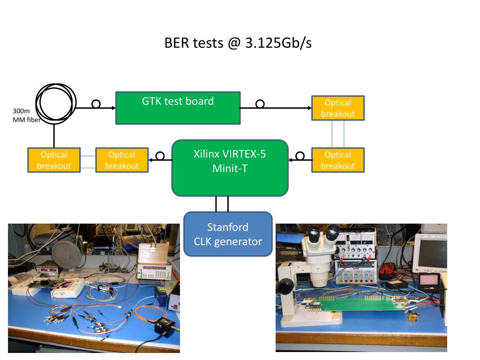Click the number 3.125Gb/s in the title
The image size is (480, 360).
278,43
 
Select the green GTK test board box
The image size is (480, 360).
178,108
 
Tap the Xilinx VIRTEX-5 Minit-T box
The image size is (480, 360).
230,168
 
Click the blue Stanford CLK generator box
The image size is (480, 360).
228,234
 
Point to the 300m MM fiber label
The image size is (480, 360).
26,115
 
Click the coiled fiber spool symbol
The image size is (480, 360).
56,104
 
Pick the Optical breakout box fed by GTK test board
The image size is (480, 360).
338,108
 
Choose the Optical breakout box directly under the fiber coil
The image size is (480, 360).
54,160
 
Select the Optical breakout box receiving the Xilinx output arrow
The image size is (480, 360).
122,160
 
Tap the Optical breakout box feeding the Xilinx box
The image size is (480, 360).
338,160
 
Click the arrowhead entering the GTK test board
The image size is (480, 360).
113,108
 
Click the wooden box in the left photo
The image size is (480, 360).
154,253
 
